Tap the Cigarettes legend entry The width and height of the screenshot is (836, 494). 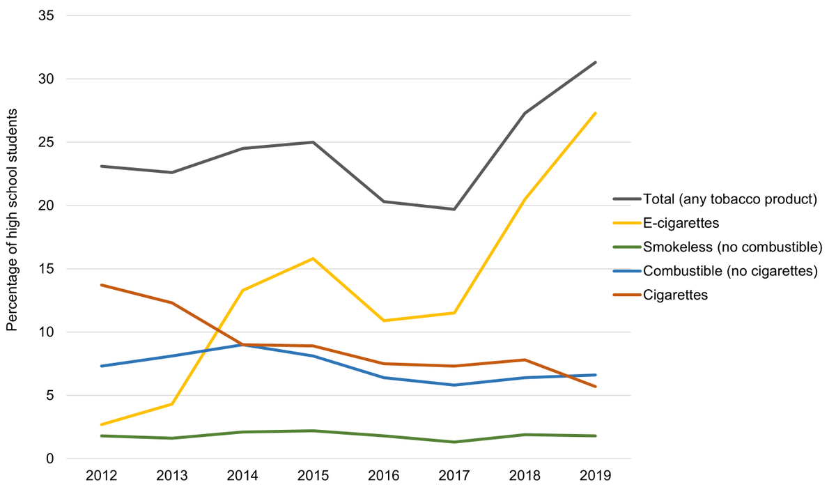tap(675, 295)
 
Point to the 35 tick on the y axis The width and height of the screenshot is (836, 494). tap(47, 15)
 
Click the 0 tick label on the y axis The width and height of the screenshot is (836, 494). tap(51, 458)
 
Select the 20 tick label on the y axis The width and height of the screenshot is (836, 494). tap(47, 206)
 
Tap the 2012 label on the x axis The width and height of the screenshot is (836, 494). tap(101, 477)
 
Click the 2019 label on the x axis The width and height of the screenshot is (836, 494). tap(595, 477)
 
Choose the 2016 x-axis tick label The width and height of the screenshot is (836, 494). tap(383, 477)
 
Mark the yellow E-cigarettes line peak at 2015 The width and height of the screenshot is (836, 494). tap(313, 258)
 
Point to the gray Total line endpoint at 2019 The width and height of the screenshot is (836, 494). tap(595, 63)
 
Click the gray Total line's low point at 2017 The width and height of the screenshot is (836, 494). tap(454, 209)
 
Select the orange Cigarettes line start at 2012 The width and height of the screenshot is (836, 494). tap(102, 285)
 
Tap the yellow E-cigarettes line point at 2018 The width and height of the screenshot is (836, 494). tap(525, 199)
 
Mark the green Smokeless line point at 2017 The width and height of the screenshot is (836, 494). tap(454, 442)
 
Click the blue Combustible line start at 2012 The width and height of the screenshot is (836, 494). tap(102, 366)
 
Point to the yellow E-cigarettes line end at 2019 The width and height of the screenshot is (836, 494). tap(595, 113)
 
